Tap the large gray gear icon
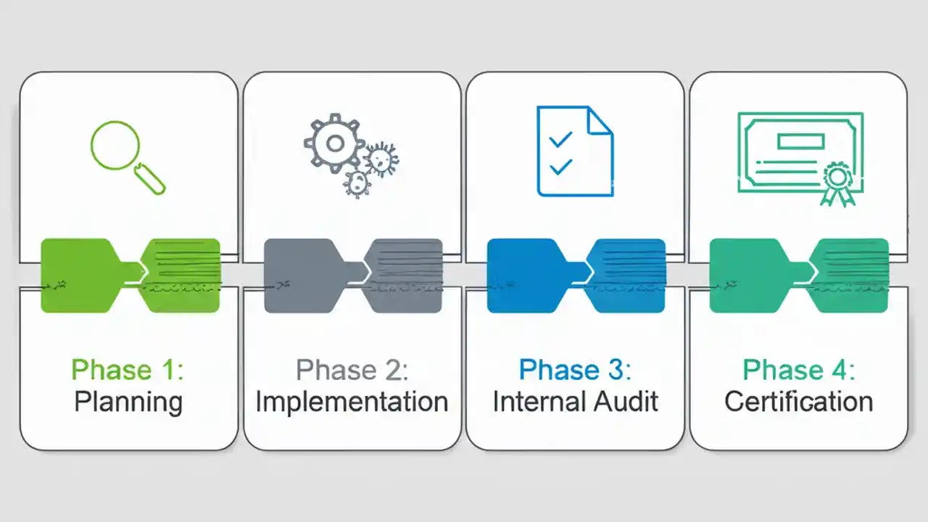pyautogui.click(x=335, y=144)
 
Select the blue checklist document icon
pyautogui.click(x=575, y=151)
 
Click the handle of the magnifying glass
pyautogui.click(x=151, y=178)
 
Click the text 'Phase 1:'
pyautogui.click(x=128, y=370)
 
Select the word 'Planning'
pyautogui.click(x=128, y=401)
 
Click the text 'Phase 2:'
pyautogui.click(x=352, y=370)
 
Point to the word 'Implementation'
pyautogui.click(x=352, y=401)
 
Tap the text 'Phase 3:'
pyautogui.click(x=575, y=370)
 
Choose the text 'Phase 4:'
pyautogui.click(x=799, y=370)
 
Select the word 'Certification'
pyautogui.click(x=799, y=401)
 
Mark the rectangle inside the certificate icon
pyautogui.click(x=800, y=140)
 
